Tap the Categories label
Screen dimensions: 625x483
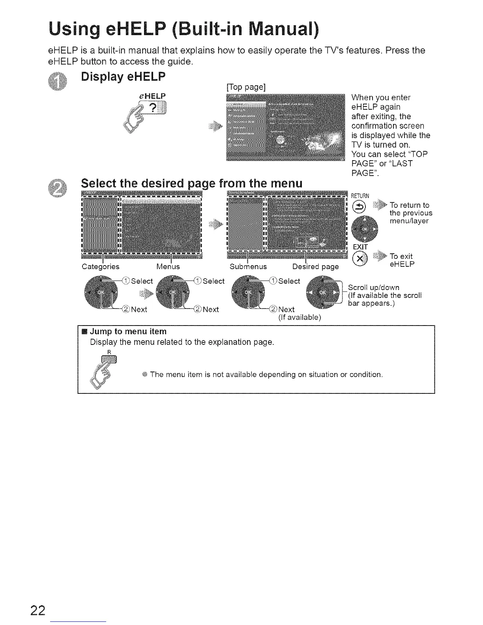pos(100,267)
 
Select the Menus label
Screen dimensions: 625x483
pos(168,267)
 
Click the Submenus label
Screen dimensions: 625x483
pos(248,267)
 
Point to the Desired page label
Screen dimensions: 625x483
pos(315,267)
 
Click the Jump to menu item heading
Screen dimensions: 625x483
pos(128,331)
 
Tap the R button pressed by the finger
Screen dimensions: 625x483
pos(109,359)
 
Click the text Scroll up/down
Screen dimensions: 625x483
pos(373,288)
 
